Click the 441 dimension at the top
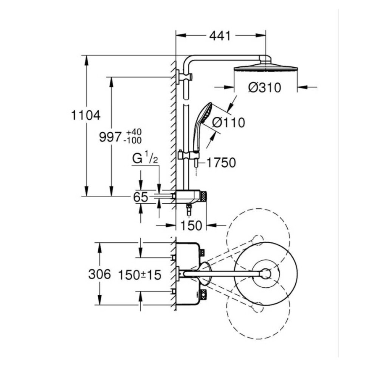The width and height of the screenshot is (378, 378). pyautogui.click(x=220, y=36)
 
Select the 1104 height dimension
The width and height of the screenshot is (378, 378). pyautogui.click(x=86, y=115)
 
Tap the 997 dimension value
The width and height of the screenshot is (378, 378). pyautogui.click(x=110, y=137)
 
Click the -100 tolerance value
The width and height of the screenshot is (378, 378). pyautogui.click(x=132, y=141)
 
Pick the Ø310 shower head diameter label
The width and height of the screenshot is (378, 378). pyautogui.click(x=265, y=87)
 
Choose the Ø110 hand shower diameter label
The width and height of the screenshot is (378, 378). pyautogui.click(x=228, y=123)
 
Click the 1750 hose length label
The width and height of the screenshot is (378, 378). pyautogui.click(x=221, y=163)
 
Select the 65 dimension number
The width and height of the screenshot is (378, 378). pyautogui.click(x=141, y=197)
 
